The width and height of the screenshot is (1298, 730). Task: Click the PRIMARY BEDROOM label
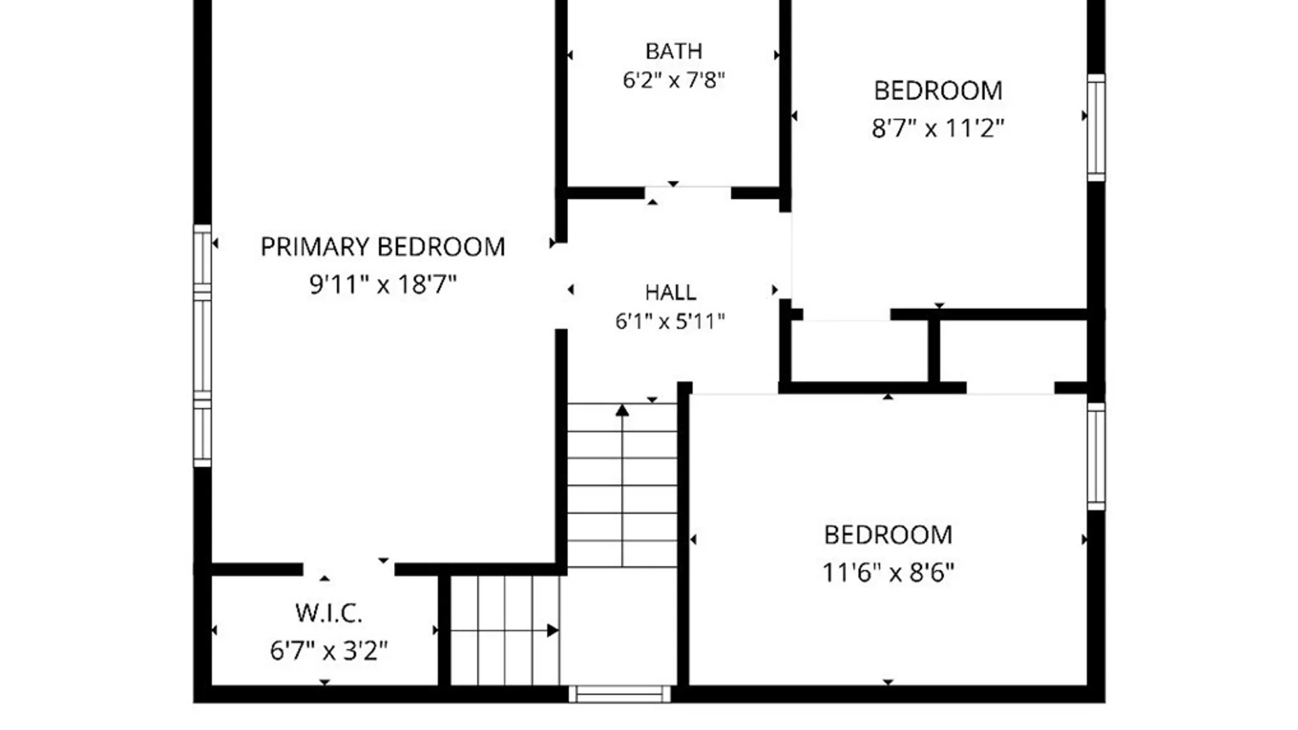(x=383, y=247)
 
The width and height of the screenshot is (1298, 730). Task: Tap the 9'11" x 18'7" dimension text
(x=383, y=284)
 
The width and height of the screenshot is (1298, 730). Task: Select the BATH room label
(x=674, y=51)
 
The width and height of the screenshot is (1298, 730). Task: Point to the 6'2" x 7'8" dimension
(x=673, y=80)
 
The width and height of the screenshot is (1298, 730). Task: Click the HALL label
(x=671, y=292)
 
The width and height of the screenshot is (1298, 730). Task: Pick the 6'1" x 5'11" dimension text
(x=670, y=321)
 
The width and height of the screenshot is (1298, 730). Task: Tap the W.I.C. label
(x=329, y=614)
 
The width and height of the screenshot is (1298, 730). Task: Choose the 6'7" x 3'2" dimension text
(x=329, y=651)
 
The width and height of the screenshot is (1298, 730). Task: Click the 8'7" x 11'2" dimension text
(x=938, y=128)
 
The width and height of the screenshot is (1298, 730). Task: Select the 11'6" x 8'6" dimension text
(x=888, y=573)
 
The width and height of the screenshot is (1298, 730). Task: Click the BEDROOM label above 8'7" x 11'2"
(x=938, y=91)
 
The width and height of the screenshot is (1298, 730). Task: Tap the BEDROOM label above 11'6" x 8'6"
(x=888, y=535)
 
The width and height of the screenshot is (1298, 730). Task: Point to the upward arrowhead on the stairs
(x=622, y=410)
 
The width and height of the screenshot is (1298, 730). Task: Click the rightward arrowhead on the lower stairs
(x=553, y=631)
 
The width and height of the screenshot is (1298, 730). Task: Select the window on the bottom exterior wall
(x=619, y=694)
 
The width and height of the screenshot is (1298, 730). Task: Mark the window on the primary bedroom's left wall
(x=202, y=345)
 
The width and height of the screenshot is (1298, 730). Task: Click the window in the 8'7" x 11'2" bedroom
(x=1096, y=128)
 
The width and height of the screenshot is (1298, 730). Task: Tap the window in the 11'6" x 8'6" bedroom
(x=1096, y=456)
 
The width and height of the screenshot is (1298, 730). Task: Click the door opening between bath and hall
(x=688, y=193)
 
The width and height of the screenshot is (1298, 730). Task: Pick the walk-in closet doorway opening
(x=349, y=569)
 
